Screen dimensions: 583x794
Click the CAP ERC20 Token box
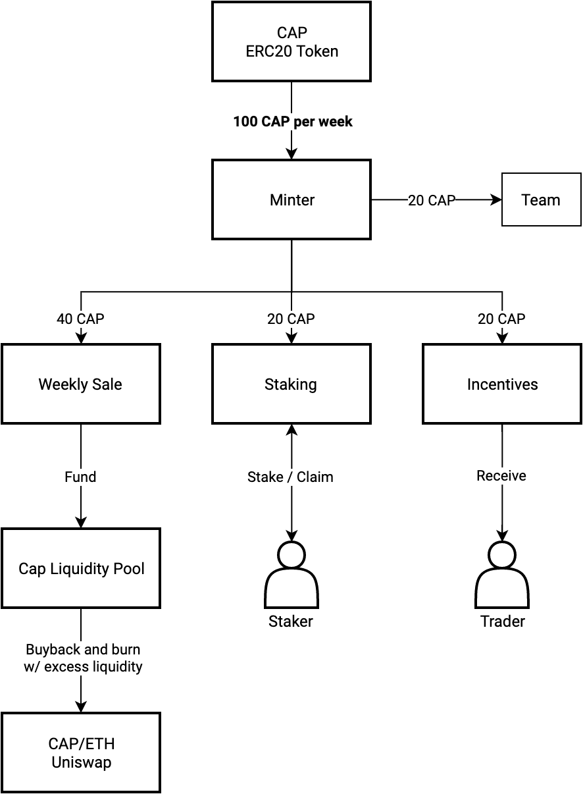[291, 42]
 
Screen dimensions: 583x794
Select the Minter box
[291, 199]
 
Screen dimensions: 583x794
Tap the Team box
[541, 199]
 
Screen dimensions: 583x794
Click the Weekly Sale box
[81, 384]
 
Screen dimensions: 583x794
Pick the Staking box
[291, 384]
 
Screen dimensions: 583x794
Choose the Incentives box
[502, 384]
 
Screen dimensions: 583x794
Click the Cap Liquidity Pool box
[81, 568]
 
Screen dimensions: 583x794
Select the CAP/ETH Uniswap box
[81, 753]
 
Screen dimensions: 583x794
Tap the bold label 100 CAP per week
[293, 122]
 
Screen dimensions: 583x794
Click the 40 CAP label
[80, 319]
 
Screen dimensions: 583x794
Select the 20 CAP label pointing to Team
[432, 200]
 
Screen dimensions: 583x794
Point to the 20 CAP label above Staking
[291, 319]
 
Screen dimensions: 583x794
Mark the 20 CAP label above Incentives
[501, 319]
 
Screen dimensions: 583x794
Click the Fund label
[80, 477]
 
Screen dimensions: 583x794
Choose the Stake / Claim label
[290, 477]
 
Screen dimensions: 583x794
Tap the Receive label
[501, 476]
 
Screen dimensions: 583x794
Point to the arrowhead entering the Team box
[496, 199]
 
